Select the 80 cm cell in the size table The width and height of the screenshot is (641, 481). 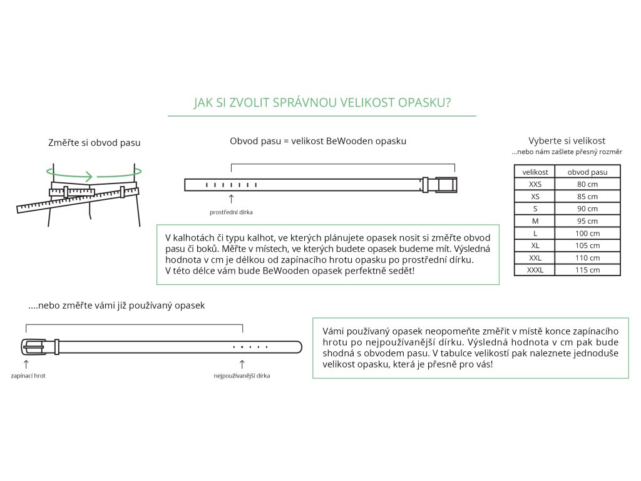click(587, 184)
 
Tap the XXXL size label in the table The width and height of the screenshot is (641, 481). click(535, 270)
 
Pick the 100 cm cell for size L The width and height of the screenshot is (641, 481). click(587, 233)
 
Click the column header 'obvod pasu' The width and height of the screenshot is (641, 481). click(587, 172)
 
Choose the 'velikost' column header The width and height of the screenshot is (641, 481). click(535, 172)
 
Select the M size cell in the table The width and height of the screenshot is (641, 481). click(535, 221)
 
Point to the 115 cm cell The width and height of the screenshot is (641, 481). click(587, 270)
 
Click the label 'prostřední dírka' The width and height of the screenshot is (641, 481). click(231, 212)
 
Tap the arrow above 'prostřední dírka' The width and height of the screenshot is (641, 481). click(232, 199)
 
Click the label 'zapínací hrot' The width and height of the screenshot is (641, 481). click(28, 376)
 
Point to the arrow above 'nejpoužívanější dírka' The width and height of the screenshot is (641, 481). click(242, 363)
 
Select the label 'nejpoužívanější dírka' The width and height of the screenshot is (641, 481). click(242, 376)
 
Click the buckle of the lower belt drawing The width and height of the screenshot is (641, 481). click(34, 347)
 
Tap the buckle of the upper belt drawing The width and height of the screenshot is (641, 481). click(446, 185)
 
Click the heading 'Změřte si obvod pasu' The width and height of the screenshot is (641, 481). click(95, 143)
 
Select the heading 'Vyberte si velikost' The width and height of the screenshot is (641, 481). click(567, 141)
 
